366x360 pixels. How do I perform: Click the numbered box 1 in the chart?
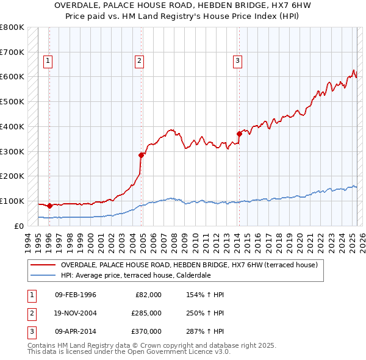point(48,60)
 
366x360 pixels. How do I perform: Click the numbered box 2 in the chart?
point(139,60)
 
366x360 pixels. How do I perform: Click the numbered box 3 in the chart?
point(237,60)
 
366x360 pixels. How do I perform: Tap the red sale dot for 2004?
point(141,155)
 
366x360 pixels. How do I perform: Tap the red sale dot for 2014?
point(239,134)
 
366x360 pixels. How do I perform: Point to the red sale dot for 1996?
point(49,206)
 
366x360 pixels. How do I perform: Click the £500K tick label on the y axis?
point(12,101)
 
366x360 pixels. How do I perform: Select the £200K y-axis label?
point(12,176)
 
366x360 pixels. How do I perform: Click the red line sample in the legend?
point(43,265)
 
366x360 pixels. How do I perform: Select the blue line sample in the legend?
point(43,275)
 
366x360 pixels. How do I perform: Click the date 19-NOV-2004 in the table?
point(76,313)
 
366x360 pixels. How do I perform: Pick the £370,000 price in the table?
point(146,331)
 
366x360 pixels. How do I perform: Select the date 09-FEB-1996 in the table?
point(76,295)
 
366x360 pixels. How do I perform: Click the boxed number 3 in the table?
point(30,331)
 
